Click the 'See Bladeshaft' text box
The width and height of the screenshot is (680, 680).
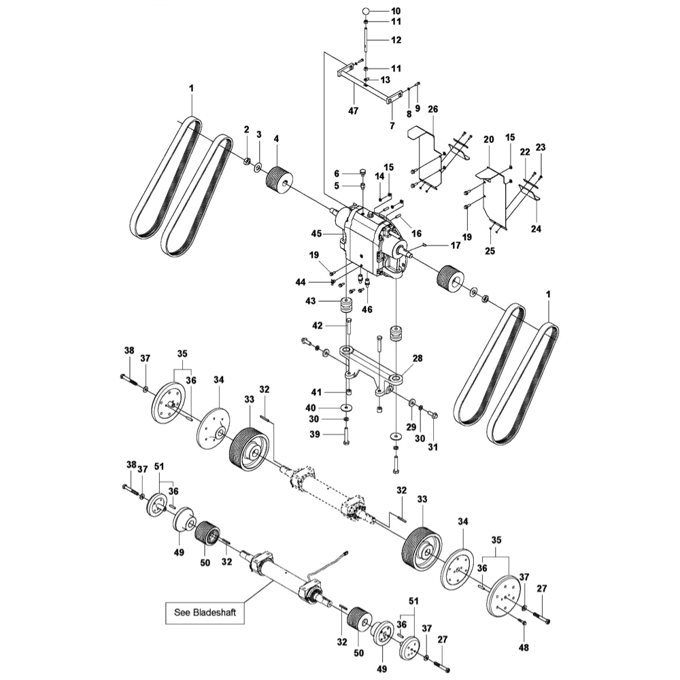tap(205, 613)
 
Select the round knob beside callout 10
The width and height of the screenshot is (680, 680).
tap(366, 11)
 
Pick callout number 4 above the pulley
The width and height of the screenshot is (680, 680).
tap(276, 139)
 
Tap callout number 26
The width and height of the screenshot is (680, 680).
tap(433, 109)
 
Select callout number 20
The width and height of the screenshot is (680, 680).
tap(488, 139)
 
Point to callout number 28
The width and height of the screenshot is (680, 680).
tap(417, 358)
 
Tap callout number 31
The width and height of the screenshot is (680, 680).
tap(433, 446)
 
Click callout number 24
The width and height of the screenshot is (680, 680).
tap(536, 229)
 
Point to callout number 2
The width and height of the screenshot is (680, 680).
tap(247, 129)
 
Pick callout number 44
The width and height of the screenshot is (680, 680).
tap(320, 282)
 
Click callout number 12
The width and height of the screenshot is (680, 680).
tap(396, 40)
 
